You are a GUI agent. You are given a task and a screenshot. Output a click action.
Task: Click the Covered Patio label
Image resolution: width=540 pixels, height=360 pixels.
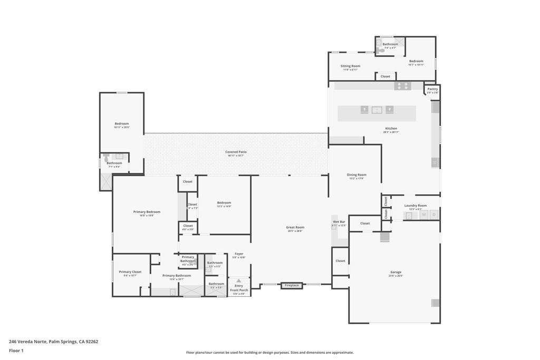coord(236,152)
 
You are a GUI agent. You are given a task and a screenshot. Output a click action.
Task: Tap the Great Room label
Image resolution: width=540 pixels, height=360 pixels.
coord(295,228)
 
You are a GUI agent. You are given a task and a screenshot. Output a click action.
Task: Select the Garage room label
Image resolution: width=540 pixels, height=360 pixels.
coord(396,273)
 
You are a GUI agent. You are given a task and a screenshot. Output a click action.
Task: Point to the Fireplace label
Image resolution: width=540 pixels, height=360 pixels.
coord(292,286)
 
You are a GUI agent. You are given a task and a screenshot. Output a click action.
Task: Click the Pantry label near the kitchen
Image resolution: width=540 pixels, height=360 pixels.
coord(432,90)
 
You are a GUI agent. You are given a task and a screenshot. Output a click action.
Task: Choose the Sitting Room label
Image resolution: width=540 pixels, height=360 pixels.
coord(350,66)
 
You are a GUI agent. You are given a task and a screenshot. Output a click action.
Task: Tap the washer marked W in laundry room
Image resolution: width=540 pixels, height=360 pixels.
coord(423,215)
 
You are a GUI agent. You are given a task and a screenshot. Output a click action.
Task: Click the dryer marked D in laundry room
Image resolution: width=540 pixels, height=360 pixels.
coord(434,215)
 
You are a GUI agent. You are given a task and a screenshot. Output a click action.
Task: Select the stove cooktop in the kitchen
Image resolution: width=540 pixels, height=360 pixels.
coord(403,86)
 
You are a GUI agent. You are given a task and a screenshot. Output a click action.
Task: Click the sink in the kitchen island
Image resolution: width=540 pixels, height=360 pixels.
coord(377,110)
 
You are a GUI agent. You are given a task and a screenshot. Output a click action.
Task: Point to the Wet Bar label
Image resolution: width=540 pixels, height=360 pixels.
coord(339,222)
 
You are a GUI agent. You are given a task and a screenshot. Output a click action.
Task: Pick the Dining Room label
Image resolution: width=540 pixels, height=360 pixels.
coord(356,175)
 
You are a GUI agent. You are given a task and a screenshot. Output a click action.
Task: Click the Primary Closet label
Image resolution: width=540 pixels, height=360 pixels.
coord(130,272)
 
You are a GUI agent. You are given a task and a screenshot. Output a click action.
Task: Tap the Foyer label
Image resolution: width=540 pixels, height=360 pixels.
coord(239,254)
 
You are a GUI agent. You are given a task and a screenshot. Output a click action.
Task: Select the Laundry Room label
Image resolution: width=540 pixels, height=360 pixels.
coord(416,206)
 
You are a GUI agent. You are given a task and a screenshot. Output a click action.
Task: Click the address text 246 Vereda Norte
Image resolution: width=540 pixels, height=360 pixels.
coord(53,342)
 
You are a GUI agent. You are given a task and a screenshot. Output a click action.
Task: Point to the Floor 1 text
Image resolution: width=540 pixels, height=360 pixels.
coord(16,351)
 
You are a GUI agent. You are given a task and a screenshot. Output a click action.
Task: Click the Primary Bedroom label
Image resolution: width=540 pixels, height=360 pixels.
coord(147,212)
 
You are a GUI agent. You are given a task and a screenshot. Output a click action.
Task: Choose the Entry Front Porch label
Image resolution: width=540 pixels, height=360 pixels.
coord(239,288)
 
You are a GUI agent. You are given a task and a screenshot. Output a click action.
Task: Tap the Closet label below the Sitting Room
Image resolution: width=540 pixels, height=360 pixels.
coord(385,76)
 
